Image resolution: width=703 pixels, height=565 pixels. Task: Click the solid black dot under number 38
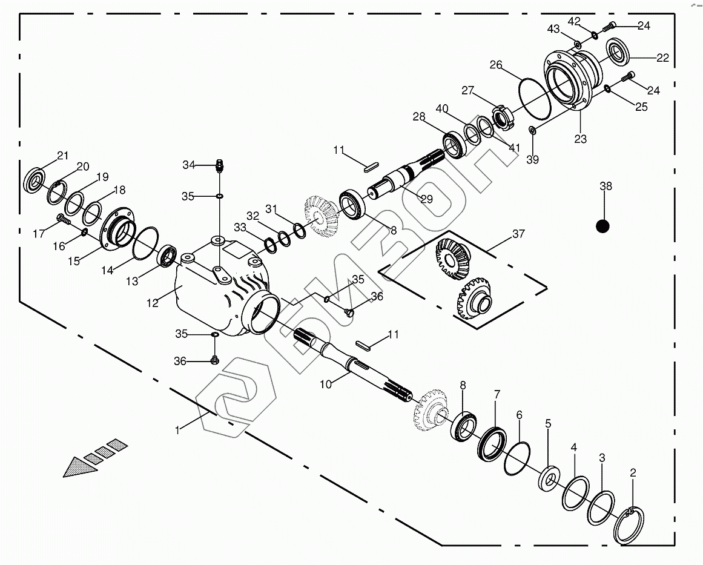pyautogui.click(x=602, y=226)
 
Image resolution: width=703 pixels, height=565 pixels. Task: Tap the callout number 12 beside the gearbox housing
pyautogui.click(x=153, y=303)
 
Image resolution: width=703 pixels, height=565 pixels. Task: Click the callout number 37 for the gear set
pyautogui.click(x=518, y=234)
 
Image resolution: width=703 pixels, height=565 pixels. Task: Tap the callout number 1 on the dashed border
pyautogui.click(x=177, y=430)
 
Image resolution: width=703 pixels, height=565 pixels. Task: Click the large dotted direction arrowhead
pyautogui.click(x=79, y=467)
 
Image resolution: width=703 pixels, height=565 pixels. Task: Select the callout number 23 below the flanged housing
pyautogui.click(x=580, y=139)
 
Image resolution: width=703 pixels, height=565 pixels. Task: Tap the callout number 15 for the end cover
pyautogui.click(x=74, y=261)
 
